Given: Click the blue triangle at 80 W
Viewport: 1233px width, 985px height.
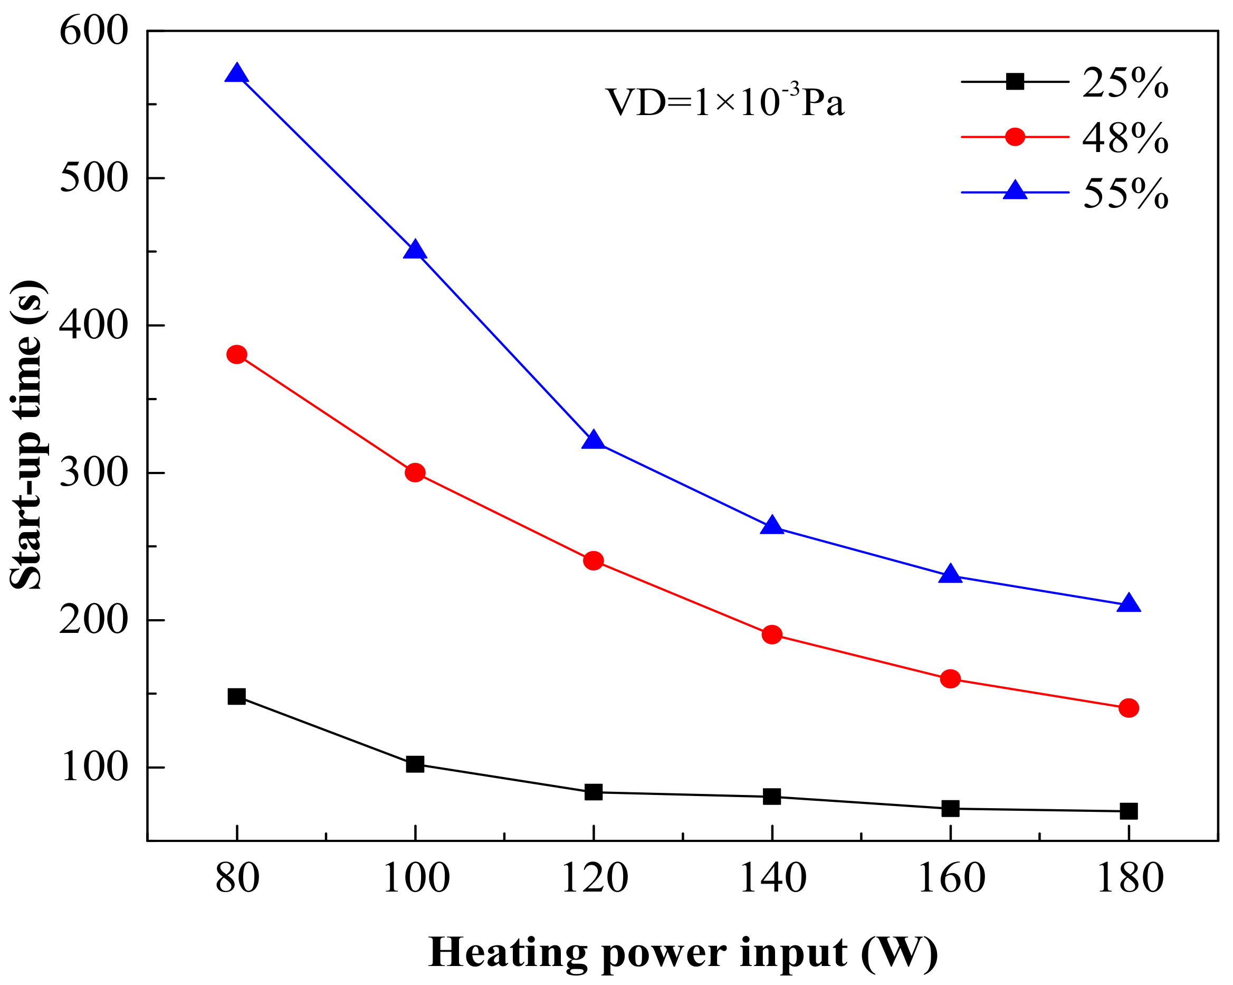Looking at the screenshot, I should pos(236,74).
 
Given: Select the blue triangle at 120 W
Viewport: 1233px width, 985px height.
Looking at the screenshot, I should pos(593,440).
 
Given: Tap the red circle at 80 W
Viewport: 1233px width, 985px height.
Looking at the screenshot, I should pos(236,354).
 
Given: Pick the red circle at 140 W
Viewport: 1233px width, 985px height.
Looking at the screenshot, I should pos(771,634).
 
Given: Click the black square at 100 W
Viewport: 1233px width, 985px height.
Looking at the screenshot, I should pos(415,763).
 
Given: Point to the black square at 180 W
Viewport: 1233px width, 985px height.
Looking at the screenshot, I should pos(1129,810).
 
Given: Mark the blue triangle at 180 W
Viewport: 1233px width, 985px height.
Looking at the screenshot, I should pos(1129,604).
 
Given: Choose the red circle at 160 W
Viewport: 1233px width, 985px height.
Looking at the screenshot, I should pos(950,679).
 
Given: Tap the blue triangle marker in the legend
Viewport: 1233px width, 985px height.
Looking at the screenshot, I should pos(1015,191).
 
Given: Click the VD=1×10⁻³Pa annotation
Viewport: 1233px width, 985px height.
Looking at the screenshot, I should pos(724,102).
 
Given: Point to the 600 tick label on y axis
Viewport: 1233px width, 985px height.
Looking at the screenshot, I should pos(93,31).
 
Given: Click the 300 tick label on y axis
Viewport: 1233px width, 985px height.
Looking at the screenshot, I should pos(93,473).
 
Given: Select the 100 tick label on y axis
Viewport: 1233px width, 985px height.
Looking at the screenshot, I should pos(93,768).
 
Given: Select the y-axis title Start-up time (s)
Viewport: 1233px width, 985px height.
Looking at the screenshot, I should pos(27,435).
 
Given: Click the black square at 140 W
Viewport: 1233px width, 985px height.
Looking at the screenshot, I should pos(771,796).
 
